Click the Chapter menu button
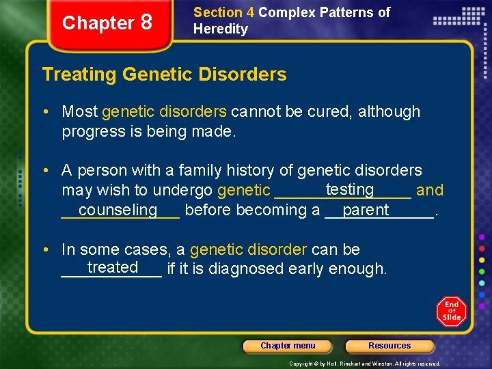(288, 346)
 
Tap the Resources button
(389, 346)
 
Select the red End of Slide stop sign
(451, 311)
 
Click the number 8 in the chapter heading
(146, 23)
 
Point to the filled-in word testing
(350, 189)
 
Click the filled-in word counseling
(118, 210)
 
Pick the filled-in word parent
(366, 210)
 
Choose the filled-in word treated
(113, 267)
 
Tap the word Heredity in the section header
(221, 29)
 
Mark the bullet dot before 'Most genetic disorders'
(51, 111)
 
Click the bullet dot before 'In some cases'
(51, 249)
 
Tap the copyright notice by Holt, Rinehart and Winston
(365, 364)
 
